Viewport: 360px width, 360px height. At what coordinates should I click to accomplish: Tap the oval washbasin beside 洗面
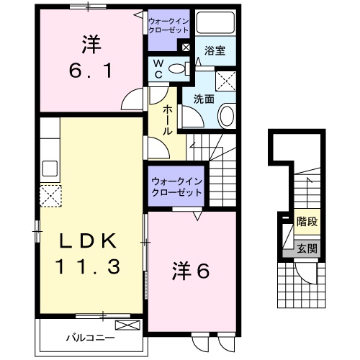click(227, 114)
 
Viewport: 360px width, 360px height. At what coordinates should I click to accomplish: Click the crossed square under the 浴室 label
click(227, 78)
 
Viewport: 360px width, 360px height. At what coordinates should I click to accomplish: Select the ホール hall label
click(167, 118)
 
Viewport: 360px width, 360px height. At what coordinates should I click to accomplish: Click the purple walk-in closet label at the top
click(168, 27)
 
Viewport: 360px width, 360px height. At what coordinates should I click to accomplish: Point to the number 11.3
click(88, 267)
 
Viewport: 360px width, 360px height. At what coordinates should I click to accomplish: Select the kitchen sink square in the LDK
click(50, 169)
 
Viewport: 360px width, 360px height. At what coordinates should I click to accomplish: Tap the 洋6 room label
click(191, 272)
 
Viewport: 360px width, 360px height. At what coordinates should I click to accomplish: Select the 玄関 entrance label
click(307, 249)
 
